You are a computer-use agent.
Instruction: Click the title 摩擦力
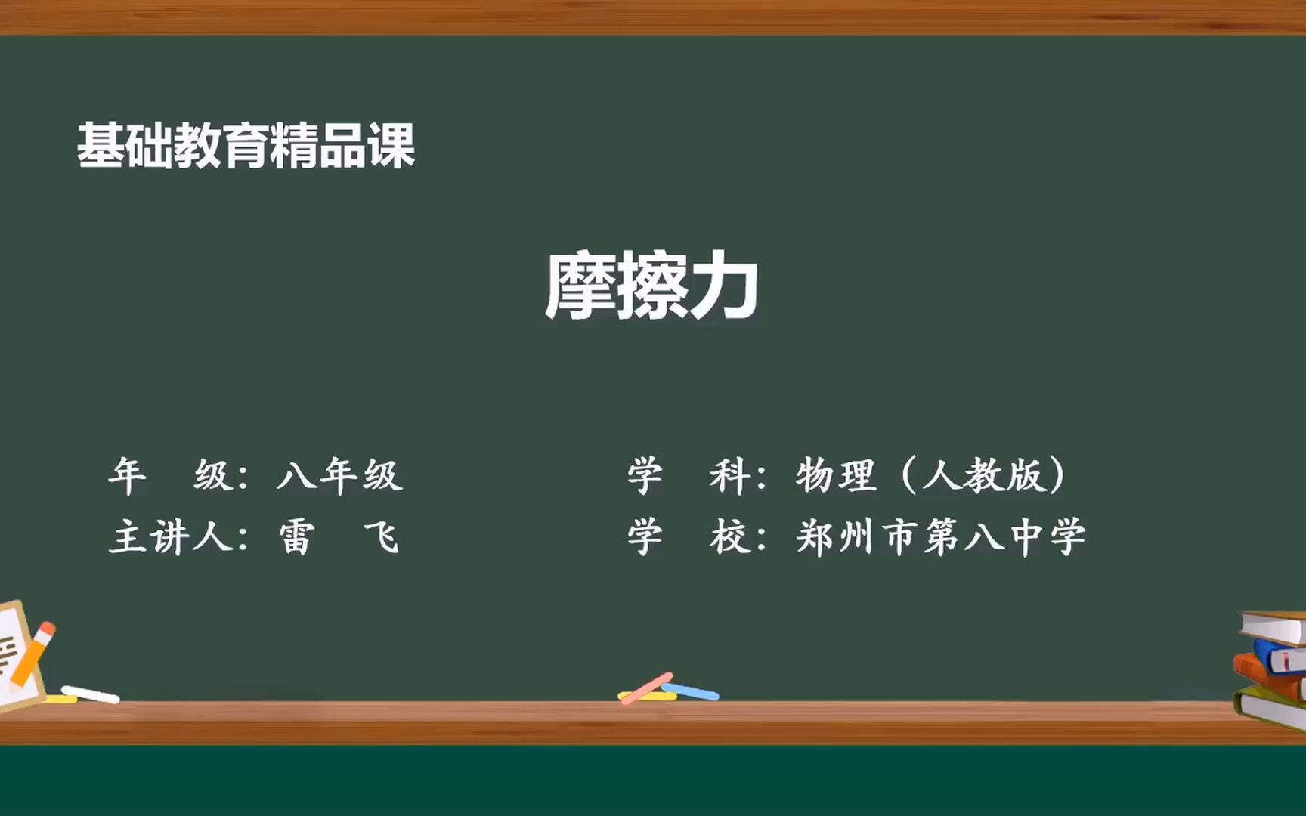(x=651, y=286)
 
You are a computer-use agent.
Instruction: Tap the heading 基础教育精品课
(x=246, y=145)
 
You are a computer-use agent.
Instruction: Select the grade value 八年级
(x=339, y=475)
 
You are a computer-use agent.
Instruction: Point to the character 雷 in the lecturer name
(x=297, y=538)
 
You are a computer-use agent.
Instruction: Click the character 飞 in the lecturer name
(x=382, y=538)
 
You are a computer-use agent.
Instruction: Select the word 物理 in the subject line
(x=835, y=475)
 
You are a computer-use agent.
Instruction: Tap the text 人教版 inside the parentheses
(x=983, y=475)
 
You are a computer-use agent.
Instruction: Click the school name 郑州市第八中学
(x=941, y=538)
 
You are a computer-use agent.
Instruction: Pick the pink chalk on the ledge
(x=646, y=688)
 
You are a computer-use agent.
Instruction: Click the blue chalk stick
(x=691, y=691)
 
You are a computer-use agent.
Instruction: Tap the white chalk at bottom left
(x=90, y=694)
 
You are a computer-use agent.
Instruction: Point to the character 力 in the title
(x=724, y=286)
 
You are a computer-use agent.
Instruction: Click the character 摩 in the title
(x=580, y=286)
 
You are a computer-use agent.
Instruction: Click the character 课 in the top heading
(x=391, y=145)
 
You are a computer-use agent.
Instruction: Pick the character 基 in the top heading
(x=101, y=145)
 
